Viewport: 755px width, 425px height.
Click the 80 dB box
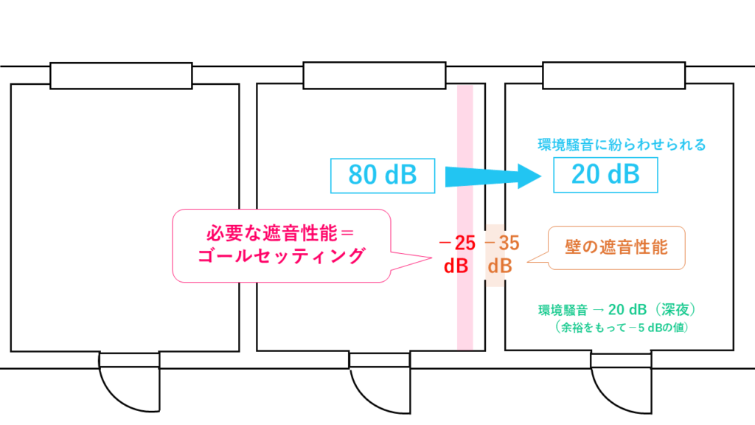(x=383, y=176)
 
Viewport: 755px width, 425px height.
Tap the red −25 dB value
(x=456, y=254)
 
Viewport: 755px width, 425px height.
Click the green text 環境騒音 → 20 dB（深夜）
(x=618, y=310)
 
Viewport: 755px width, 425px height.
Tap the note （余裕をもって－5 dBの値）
(x=618, y=326)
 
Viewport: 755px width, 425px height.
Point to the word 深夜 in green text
(x=674, y=310)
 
